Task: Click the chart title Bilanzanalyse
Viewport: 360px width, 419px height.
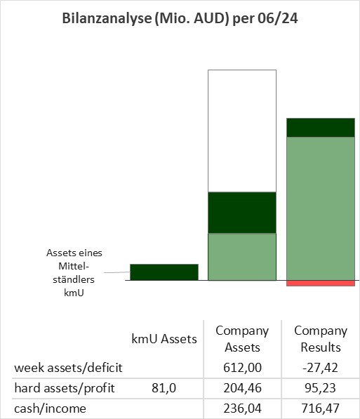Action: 180,19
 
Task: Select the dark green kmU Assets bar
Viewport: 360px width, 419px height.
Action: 164,272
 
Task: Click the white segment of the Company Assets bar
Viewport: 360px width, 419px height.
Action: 242,131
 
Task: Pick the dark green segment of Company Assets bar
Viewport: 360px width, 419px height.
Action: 242,213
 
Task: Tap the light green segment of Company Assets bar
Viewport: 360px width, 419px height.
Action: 242,257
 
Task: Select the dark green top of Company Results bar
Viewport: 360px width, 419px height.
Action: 321,128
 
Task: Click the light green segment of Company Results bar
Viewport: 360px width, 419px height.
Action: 321,208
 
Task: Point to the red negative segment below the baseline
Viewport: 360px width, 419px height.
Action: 321,284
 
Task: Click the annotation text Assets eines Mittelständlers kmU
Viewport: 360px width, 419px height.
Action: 74,272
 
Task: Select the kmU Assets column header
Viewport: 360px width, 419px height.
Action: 164,339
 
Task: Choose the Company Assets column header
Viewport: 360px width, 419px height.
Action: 242,339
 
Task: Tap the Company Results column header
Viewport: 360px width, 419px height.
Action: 321,339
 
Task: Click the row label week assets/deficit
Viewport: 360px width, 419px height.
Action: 68,368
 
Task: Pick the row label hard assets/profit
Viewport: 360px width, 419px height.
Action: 65,388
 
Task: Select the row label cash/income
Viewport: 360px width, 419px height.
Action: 51,408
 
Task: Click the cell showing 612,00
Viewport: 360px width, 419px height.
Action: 242,368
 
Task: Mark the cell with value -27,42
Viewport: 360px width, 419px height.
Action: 320,368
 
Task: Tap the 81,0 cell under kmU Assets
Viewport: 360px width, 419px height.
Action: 164,388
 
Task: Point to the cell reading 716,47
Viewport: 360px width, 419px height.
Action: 321,408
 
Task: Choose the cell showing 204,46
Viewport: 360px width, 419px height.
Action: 242,388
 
